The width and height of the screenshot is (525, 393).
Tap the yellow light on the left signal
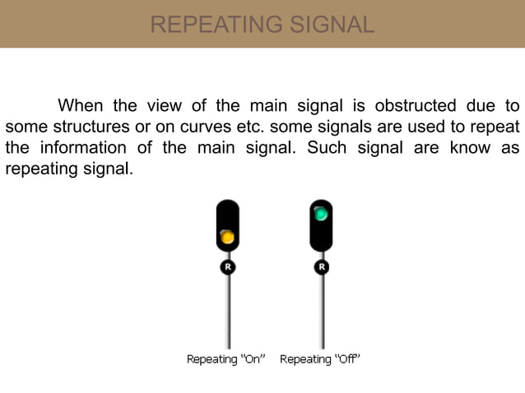(x=228, y=238)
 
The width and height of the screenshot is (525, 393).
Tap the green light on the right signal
(x=321, y=215)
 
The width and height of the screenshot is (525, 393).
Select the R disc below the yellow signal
(x=228, y=266)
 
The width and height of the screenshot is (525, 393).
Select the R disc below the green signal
(x=321, y=266)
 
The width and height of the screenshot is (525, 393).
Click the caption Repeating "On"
(x=226, y=359)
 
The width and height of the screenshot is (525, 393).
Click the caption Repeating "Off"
(x=320, y=359)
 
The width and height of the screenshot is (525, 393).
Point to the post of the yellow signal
(x=228, y=312)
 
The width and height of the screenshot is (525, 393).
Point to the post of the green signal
(x=321, y=312)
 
